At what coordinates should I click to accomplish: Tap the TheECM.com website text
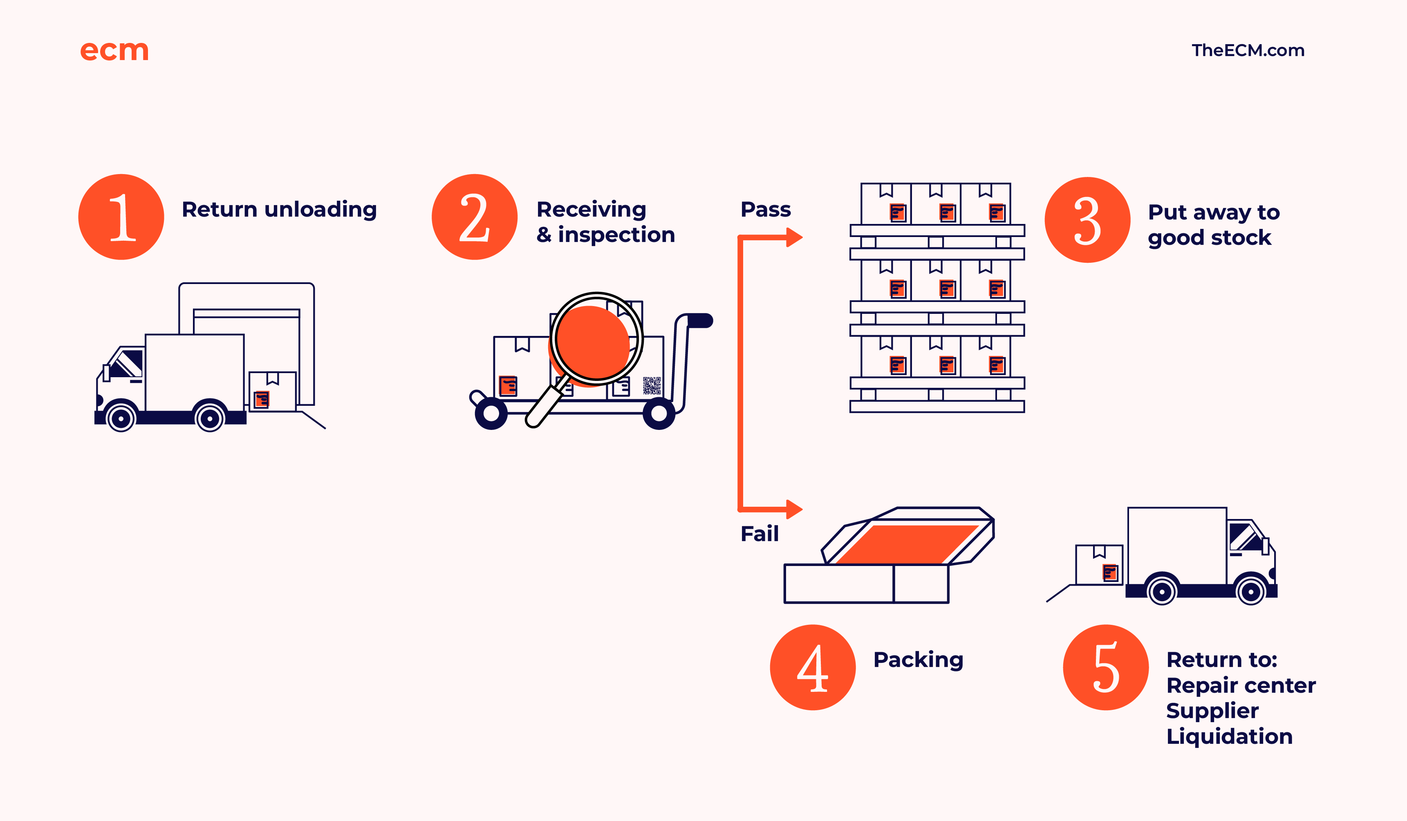tap(1248, 50)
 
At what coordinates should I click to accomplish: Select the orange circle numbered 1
tap(121, 217)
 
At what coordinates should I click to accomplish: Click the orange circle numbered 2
tap(475, 217)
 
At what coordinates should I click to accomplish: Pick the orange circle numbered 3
tap(1088, 220)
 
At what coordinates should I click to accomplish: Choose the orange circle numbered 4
tap(813, 667)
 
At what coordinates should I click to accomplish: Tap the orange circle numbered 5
tap(1106, 667)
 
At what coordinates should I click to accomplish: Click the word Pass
tap(766, 209)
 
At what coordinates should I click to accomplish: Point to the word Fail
tap(760, 534)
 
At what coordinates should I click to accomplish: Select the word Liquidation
tap(1230, 736)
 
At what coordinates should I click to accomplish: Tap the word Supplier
tap(1212, 711)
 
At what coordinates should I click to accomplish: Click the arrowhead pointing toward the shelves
tap(794, 237)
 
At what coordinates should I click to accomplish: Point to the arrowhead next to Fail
tap(794, 509)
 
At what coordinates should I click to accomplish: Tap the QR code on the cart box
tap(652, 386)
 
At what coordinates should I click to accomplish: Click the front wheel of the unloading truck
tap(121, 418)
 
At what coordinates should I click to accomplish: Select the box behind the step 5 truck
tap(1099, 565)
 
